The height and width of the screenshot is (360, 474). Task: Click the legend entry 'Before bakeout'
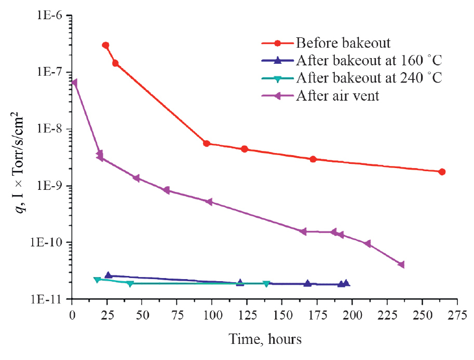[x=343, y=42]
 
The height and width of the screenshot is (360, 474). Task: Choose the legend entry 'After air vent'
[x=338, y=96]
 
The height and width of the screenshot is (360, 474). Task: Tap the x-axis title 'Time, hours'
[x=265, y=340]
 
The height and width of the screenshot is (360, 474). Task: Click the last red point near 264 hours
[x=442, y=172]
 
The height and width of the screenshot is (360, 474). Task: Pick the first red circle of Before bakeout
[x=106, y=46]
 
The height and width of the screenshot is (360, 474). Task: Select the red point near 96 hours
[x=207, y=143]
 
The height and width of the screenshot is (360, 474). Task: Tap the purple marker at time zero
[x=74, y=82]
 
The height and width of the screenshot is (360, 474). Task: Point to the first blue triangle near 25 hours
[x=108, y=275]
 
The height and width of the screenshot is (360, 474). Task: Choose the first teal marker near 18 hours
[x=97, y=280]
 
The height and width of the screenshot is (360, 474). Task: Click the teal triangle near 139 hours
[x=266, y=284]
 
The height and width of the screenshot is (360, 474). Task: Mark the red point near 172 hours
[x=313, y=159]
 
